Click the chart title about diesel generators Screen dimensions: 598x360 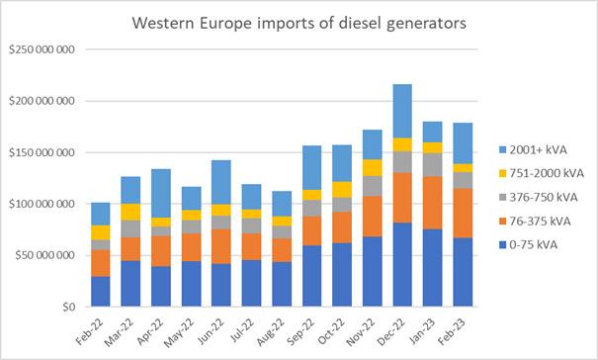coord(299,23)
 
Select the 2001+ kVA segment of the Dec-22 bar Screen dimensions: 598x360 coord(402,111)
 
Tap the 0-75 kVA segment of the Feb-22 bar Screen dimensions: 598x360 coord(100,292)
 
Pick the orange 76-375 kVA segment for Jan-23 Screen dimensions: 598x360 coord(433,203)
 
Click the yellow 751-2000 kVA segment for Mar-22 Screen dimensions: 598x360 coord(130,212)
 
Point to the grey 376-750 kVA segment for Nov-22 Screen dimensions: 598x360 coord(373,186)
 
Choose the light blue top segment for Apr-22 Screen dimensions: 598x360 coord(161,193)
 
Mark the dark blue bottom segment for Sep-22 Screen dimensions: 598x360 coord(312,276)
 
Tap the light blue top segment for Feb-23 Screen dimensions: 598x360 coord(463,143)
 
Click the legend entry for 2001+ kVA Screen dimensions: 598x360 coord(533,149)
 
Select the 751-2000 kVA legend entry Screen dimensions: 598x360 coord(542,173)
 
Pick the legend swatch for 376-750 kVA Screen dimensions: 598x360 coord(503,198)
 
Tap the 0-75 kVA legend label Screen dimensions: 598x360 coord(534,244)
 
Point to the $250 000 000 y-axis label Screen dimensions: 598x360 coord(42,49)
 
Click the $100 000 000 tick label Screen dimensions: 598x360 coord(42,204)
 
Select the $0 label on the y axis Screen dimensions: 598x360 coord(69,307)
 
